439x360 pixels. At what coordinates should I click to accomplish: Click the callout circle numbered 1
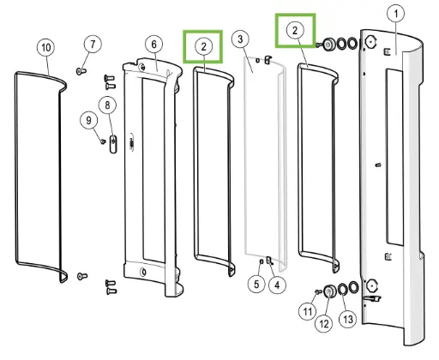[396, 14]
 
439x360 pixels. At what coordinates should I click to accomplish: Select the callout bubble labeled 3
[240, 39]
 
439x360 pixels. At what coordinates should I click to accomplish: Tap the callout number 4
[277, 285]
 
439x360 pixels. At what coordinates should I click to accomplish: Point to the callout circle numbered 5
[256, 285]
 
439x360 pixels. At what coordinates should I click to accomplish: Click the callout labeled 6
[154, 45]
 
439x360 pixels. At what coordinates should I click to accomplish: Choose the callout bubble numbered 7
[93, 45]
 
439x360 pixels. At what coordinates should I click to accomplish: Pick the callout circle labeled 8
[107, 105]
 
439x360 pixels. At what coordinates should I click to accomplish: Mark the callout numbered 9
[88, 120]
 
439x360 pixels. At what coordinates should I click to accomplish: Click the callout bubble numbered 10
[46, 47]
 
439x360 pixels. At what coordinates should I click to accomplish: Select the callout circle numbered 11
[308, 311]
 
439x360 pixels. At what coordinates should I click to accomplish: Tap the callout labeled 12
[324, 324]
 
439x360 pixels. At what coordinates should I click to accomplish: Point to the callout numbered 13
[348, 319]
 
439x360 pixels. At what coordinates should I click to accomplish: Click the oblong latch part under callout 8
[113, 144]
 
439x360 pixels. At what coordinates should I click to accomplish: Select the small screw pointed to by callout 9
[103, 141]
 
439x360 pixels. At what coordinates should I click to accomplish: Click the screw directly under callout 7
[81, 70]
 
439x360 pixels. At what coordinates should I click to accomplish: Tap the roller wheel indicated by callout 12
[329, 291]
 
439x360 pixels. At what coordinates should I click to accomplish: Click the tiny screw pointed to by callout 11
[318, 291]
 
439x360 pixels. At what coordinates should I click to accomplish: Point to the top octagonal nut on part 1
[370, 42]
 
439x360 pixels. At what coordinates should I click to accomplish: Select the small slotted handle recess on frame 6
[131, 142]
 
